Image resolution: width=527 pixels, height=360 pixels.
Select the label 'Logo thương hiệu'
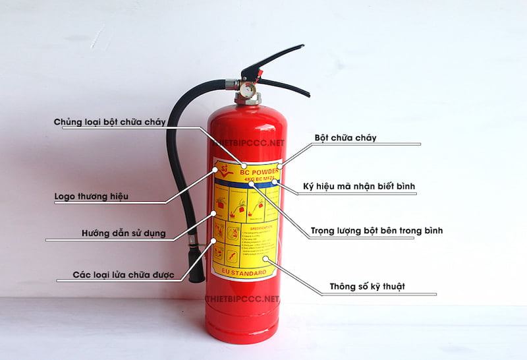(91, 196)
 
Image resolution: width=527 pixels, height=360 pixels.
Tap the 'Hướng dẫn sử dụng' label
(123, 233)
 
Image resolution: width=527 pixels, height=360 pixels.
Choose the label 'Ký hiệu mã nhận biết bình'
(358, 187)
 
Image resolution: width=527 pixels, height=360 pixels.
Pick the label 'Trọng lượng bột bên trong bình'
(377, 231)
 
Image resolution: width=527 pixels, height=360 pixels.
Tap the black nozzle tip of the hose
(196, 267)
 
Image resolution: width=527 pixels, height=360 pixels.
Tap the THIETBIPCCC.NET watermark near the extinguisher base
(242, 299)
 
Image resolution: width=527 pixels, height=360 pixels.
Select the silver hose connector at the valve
(231, 84)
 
